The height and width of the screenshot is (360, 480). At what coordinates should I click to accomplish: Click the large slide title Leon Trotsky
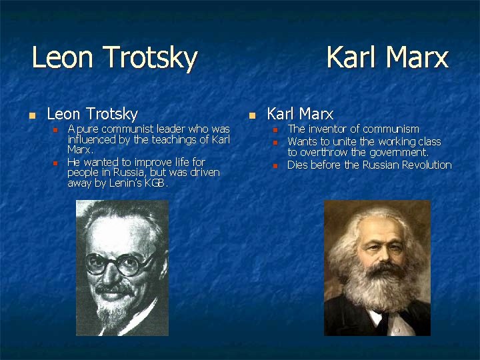[x=115, y=57]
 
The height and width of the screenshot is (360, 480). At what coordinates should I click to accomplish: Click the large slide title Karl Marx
[x=387, y=57]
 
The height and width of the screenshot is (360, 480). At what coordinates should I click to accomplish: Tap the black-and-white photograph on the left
[x=122, y=268]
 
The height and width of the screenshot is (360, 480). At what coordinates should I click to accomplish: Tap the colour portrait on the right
[x=377, y=268]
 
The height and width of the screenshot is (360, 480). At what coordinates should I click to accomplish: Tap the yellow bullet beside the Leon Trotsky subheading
[x=30, y=115]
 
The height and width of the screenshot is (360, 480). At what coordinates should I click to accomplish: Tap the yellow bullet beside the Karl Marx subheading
[x=251, y=115]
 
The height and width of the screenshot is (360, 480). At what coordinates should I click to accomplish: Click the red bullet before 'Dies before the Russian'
[x=275, y=165]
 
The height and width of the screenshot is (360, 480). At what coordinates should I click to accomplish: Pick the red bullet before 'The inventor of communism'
[x=275, y=129]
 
